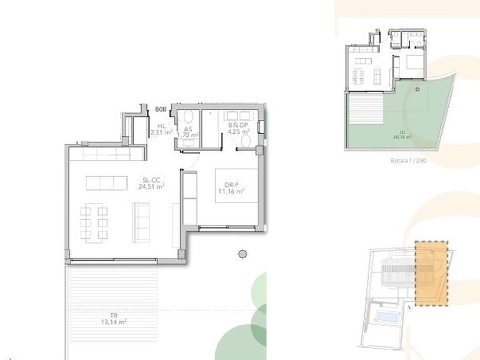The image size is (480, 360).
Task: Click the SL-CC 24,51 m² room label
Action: [152, 182]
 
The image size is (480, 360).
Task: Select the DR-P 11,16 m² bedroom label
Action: [234, 188]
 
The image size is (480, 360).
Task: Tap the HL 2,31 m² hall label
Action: [161, 129]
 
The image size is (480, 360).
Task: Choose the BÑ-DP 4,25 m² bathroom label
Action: [237, 128]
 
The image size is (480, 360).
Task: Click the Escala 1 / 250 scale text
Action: [407, 160]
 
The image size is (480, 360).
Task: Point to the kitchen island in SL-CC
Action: [106, 182]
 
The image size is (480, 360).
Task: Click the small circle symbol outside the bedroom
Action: [242, 253]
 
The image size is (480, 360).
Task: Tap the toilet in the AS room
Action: [188, 117]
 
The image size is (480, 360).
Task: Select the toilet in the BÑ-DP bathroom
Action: [245, 143]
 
